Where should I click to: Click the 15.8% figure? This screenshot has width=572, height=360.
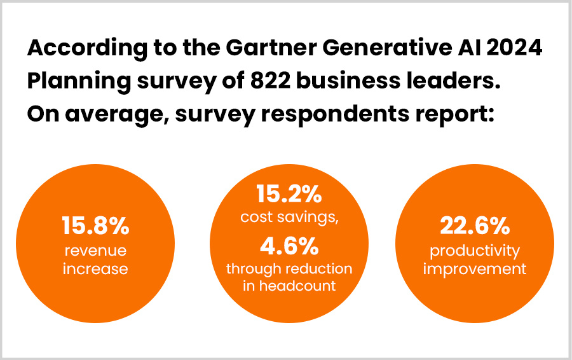95,226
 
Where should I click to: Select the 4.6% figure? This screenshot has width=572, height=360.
289,245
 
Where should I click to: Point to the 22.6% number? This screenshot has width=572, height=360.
475,226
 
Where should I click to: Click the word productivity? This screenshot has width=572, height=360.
475,250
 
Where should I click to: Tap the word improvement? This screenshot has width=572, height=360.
475,268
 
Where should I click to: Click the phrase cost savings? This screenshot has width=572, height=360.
289,217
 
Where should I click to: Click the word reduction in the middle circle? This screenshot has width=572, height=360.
318,268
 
